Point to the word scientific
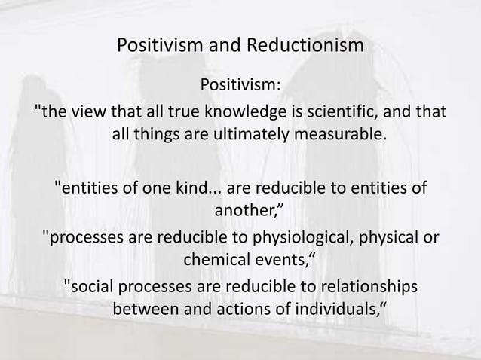click(348, 111)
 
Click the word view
click(90, 111)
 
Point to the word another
click(245, 210)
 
